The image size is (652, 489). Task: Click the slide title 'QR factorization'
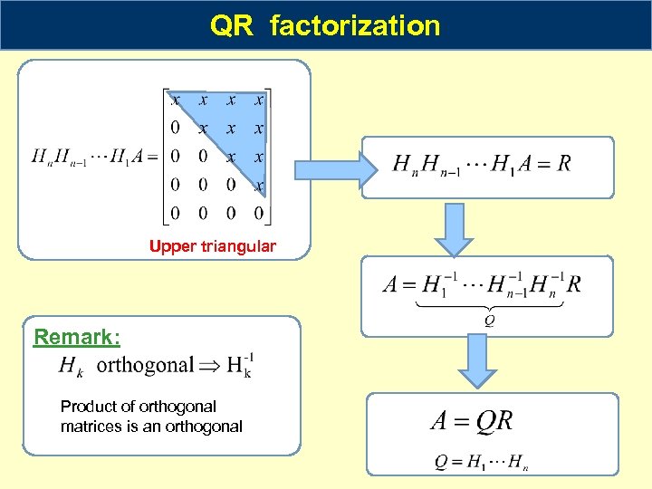click(x=325, y=25)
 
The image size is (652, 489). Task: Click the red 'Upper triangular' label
click(x=213, y=246)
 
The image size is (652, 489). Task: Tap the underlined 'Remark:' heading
click(x=77, y=338)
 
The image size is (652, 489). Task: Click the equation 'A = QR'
click(x=471, y=421)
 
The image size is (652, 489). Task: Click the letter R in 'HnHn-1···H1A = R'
click(x=564, y=164)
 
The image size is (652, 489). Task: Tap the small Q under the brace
click(x=490, y=318)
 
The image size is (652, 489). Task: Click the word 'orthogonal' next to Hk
click(x=145, y=365)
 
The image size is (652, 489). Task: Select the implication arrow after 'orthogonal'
click(x=210, y=365)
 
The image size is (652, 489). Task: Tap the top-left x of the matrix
click(x=175, y=99)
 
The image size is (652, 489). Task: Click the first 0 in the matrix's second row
click(x=175, y=128)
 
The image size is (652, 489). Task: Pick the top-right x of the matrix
click(x=259, y=99)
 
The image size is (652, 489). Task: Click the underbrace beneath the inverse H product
click(x=489, y=304)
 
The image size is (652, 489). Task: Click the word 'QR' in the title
click(x=232, y=25)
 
